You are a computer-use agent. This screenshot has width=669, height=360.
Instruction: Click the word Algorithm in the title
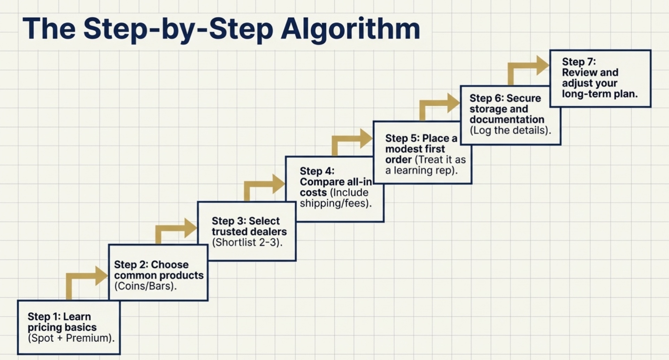click(350, 29)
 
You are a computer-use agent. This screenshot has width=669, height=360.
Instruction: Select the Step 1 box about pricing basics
click(69, 327)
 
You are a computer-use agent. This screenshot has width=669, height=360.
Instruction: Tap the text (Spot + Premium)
click(71, 338)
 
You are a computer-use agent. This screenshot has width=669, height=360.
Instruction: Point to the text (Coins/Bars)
click(145, 286)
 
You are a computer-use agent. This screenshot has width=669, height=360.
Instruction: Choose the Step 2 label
click(131, 265)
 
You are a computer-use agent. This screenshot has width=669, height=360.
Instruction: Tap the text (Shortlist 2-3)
click(247, 242)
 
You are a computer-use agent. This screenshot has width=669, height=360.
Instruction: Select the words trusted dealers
click(249, 232)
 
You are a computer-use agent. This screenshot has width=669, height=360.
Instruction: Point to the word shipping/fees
click(336, 203)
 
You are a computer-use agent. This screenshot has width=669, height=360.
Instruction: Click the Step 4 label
click(317, 171)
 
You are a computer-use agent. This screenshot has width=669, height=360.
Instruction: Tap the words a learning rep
click(421, 170)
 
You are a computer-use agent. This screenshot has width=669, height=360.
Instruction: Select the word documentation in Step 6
click(507, 120)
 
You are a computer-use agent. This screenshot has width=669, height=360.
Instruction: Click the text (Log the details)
click(510, 130)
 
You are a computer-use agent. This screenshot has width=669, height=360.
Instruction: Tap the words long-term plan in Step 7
click(599, 94)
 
